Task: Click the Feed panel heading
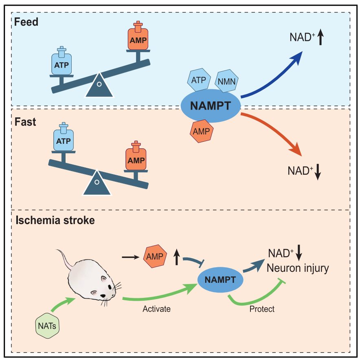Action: click(26, 22)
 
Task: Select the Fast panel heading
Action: click(25, 122)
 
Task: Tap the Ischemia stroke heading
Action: click(55, 220)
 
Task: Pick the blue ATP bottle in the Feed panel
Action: click(61, 63)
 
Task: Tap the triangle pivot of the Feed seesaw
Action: click(99, 86)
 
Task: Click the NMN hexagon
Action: click(226, 81)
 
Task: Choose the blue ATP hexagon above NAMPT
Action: click(199, 79)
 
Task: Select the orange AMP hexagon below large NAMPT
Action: click(201, 131)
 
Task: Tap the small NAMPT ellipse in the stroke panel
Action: click(220, 280)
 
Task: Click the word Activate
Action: click(156, 309)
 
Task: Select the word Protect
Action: click(262, 309)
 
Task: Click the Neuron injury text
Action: click(298, 268)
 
